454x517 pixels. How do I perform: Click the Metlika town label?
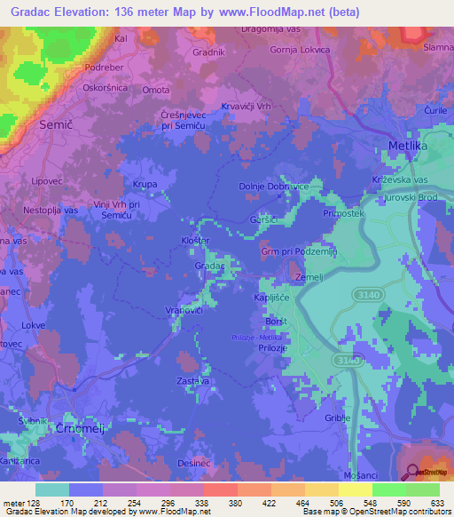pyautogui.click(x=410, y=145)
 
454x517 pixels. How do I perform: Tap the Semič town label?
pyautogui.click(x=56, y=126)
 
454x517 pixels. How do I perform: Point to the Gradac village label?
pyautogui.click(x=209, y=266)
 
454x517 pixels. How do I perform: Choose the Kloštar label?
pyautogui.click(x=194, y=241)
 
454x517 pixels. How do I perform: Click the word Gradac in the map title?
pyautogui.click(x=36, y=12)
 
